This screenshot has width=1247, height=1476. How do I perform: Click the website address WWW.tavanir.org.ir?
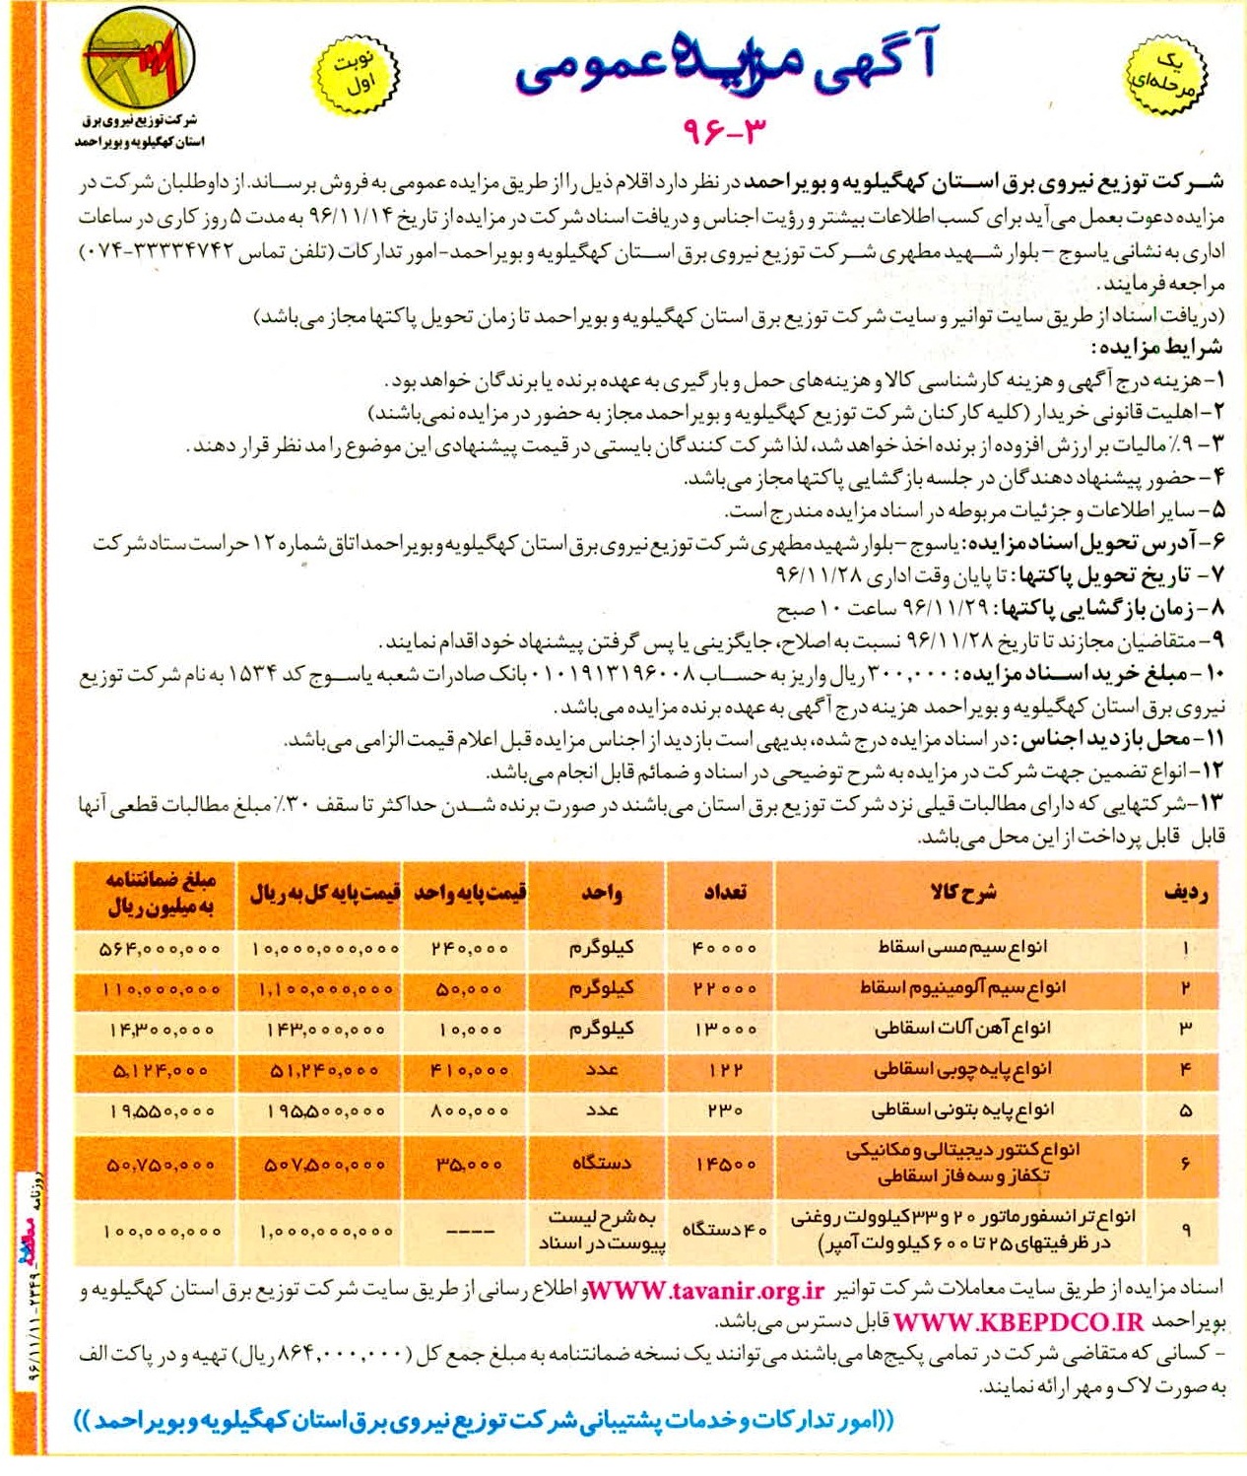pos(706,1291)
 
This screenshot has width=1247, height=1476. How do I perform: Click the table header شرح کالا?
pos(963,893)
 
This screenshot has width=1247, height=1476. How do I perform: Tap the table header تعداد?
pos(724,893)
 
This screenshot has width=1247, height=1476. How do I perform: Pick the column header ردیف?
pos(1185,893)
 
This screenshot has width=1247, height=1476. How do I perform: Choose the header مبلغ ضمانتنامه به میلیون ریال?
pos(161,893)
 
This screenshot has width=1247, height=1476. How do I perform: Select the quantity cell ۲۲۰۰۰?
pos(724,988)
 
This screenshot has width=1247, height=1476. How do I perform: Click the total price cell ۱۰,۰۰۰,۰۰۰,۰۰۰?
pos(325,949)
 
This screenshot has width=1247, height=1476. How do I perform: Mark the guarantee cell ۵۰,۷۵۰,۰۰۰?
pos(161,1165)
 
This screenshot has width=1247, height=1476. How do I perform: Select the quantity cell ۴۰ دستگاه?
pos(724,1231)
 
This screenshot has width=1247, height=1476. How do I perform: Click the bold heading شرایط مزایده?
pos(1156,348)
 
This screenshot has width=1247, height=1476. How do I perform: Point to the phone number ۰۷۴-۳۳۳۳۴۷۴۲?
pos(159,252)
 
